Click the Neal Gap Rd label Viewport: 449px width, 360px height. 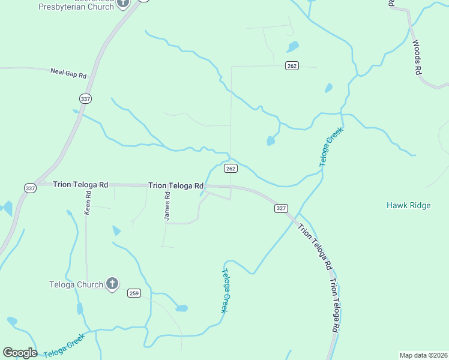(x=68, y=74)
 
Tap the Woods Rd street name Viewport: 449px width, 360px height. (x=417, y=57)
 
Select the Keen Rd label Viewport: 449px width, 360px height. (x=88, y=203)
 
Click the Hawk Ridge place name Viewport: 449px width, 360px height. (x=409, y=206)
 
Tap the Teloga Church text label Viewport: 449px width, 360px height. (x=76, y=284)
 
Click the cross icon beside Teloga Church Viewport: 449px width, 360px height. (x=112, y=284)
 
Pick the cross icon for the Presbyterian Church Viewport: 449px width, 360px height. (x=123, y=3)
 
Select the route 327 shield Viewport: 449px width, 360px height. (x=281, y=208)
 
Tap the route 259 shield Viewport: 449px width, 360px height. (x=134, y=293)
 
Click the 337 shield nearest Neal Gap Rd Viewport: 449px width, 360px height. (x=85, y=98)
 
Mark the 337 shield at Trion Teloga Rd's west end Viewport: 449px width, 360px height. (x=30, y=188)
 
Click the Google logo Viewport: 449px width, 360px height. (x=20, y=353)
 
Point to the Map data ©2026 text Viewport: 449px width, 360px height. (x=423, y=355)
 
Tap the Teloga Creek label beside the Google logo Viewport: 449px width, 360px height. (x=64, y=345)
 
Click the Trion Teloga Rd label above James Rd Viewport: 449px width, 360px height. (x=176, y=186)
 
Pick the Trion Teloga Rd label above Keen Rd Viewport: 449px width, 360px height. (x=80, y=185)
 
